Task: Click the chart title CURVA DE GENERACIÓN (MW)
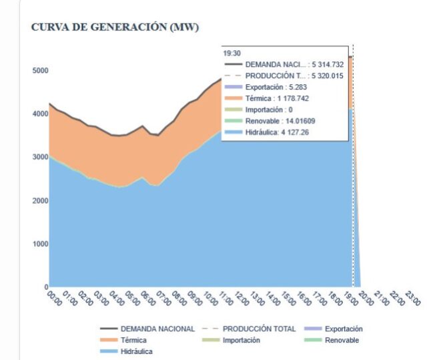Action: click(x=115, y=27)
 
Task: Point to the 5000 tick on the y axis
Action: click(x=39, y=70)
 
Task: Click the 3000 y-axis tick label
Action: click(x=39, y=157)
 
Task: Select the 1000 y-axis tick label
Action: click(x=39, y=244)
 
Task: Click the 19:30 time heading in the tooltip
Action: click(x=232, y=53)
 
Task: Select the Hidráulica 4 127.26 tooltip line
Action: click(x=289, y=132)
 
